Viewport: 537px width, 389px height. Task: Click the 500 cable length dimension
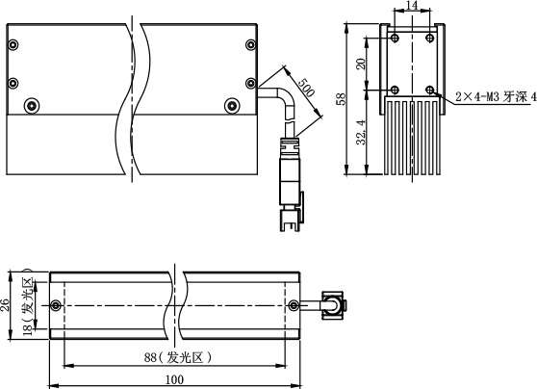(x=306, y=87)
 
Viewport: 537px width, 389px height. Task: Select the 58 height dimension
(x=342, y=99)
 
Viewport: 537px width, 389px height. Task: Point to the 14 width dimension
(x=412, y=5)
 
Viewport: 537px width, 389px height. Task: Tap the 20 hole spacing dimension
(x=361, y=64)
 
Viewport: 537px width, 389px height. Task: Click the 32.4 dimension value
(x=361, y=132)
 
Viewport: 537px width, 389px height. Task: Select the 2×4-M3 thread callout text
(x=496, y=97)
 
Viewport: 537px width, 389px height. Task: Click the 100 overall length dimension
(x=174, y=379)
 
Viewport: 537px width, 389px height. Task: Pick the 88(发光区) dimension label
(x=178, y=358)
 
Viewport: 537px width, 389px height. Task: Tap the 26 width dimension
(x=5, y=305)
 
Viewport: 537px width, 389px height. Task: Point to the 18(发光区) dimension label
(x=28, y=306)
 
